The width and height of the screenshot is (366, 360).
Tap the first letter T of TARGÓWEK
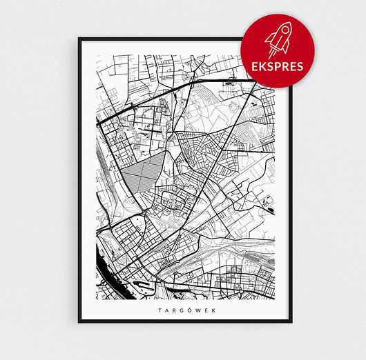(x=160, y=310)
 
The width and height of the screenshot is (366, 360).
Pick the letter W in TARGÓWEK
(x=193, y=310)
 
